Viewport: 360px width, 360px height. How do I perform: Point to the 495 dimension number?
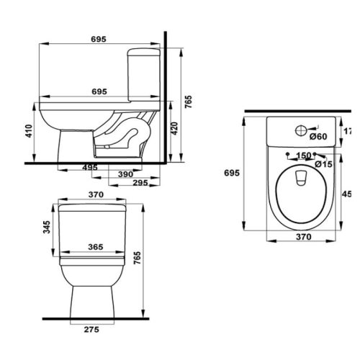90,167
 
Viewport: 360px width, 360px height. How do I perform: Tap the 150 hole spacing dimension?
302,156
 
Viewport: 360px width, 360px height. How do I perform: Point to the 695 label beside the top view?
231,173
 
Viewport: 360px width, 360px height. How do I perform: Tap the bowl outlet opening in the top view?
302,176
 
